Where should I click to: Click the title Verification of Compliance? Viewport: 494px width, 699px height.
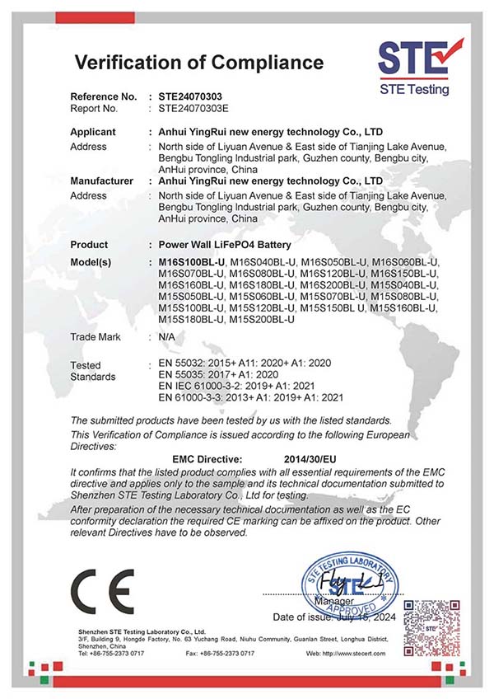point(198,62)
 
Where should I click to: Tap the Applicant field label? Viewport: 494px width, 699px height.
point(93,132)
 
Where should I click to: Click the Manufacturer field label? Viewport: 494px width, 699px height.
point(102,181)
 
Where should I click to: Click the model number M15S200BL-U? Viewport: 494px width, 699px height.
point(262,318)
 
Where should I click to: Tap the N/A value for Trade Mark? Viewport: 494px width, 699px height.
point(165,337)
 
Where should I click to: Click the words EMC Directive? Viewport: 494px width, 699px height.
point(207,457)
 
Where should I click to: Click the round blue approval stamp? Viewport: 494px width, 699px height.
point(354,586)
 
